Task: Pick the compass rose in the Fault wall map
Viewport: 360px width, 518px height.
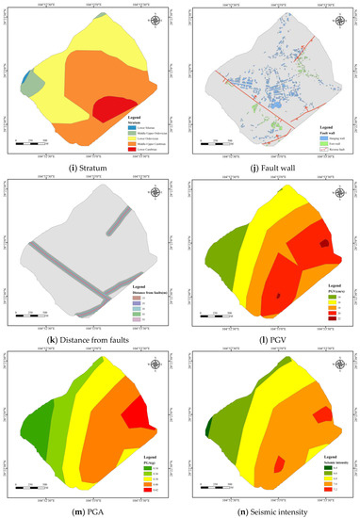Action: [x=335, y=21]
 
